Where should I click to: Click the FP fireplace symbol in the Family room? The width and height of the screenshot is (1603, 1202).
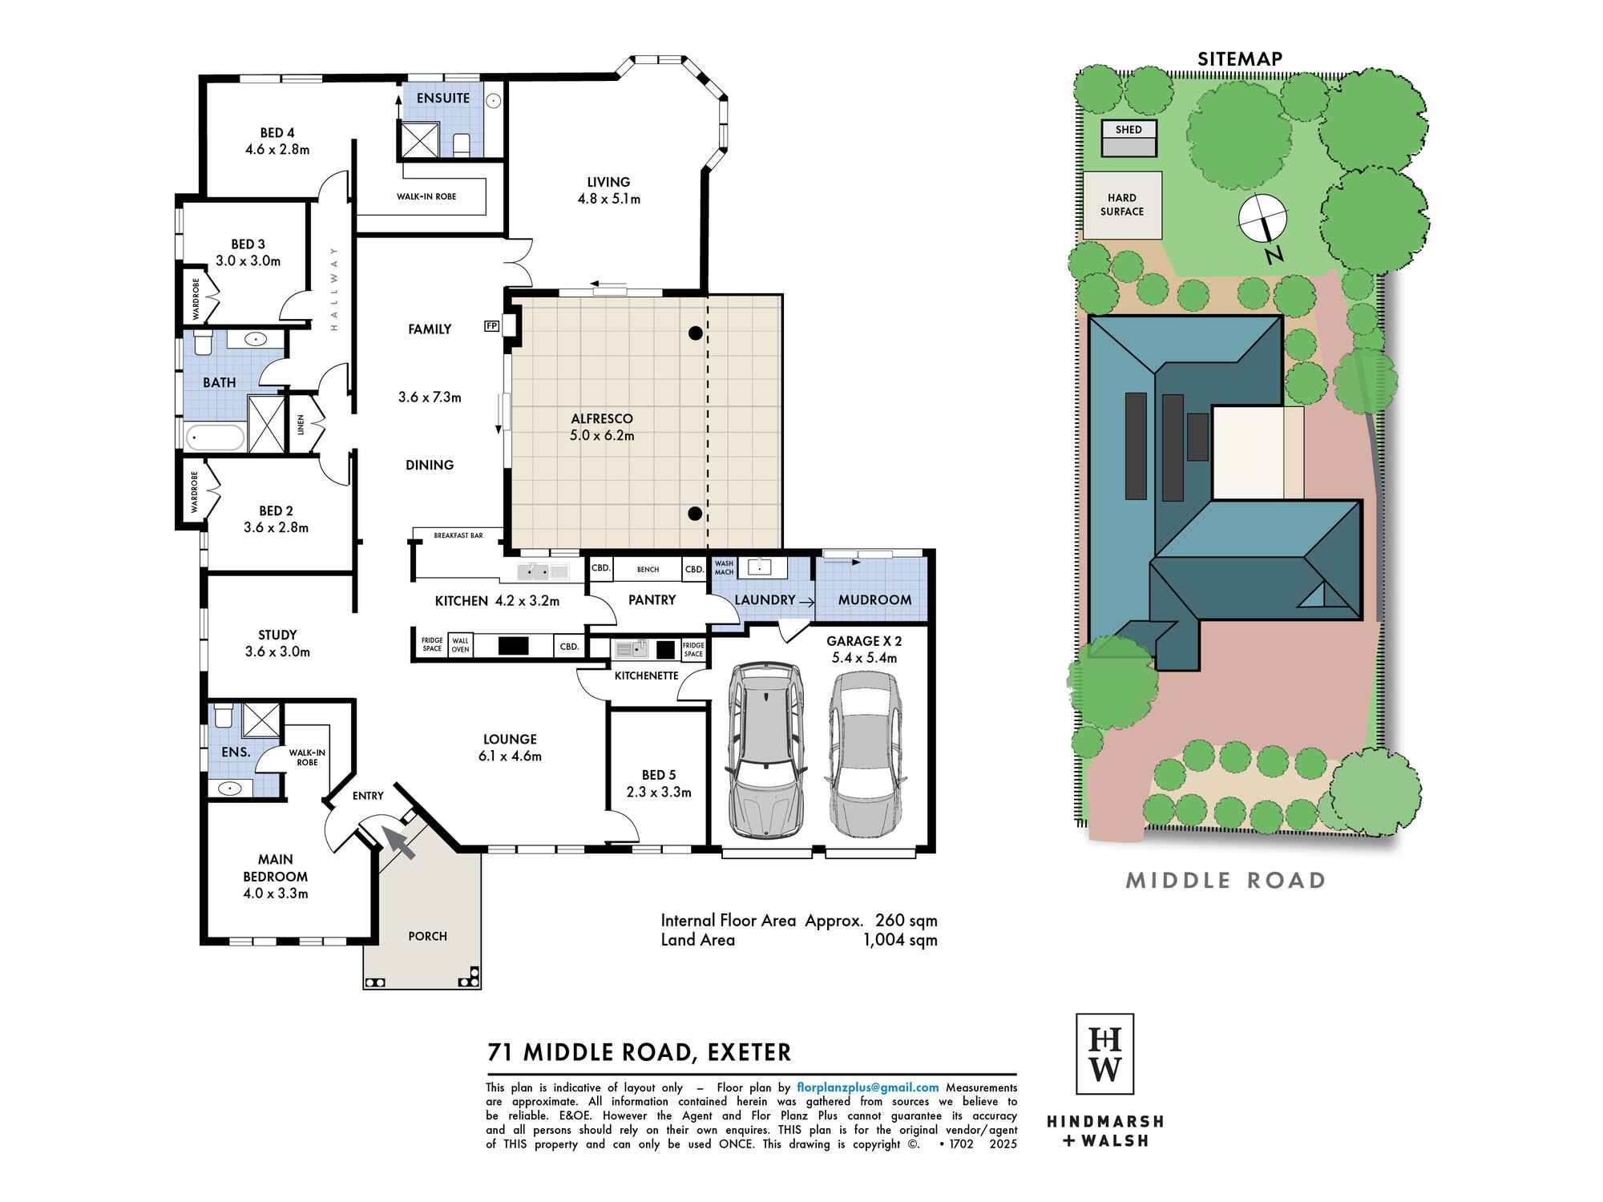tap(491, 326)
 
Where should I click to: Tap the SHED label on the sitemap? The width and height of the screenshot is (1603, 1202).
tap(1129, 129)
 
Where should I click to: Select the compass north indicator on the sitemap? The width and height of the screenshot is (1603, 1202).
tap(1263, 219)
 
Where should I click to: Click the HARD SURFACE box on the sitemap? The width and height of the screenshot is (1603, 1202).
tap(1122, 205)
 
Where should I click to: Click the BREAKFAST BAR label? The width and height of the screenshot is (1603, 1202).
tap(458, 535)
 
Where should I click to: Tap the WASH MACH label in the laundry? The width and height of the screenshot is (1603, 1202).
tap(724, 568)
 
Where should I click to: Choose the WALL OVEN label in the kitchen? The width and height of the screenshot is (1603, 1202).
tap(460, 645)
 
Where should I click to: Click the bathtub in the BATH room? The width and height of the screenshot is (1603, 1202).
tap(215, 438)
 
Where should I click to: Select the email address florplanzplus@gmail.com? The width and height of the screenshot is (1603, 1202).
tap(867, 1087)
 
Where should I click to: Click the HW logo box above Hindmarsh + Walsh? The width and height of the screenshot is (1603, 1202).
tap(1104, 1054)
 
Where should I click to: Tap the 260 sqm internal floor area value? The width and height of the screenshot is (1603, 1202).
tap(906, 921)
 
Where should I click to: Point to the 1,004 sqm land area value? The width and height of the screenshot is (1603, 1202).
tap(900, 940)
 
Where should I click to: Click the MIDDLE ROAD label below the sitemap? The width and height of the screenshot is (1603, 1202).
tap(1226, 881)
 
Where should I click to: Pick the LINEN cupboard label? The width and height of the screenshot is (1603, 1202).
tap(301, 424)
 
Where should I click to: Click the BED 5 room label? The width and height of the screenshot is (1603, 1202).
tap(659, 775)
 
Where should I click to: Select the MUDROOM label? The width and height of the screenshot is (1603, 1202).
tap(874, 599)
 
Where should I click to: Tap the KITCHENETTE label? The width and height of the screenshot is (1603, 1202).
tap(647, 676)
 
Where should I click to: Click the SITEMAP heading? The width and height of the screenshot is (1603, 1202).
tap(1240, 58)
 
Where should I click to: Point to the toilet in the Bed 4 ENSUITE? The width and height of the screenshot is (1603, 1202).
tap(462, 145)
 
